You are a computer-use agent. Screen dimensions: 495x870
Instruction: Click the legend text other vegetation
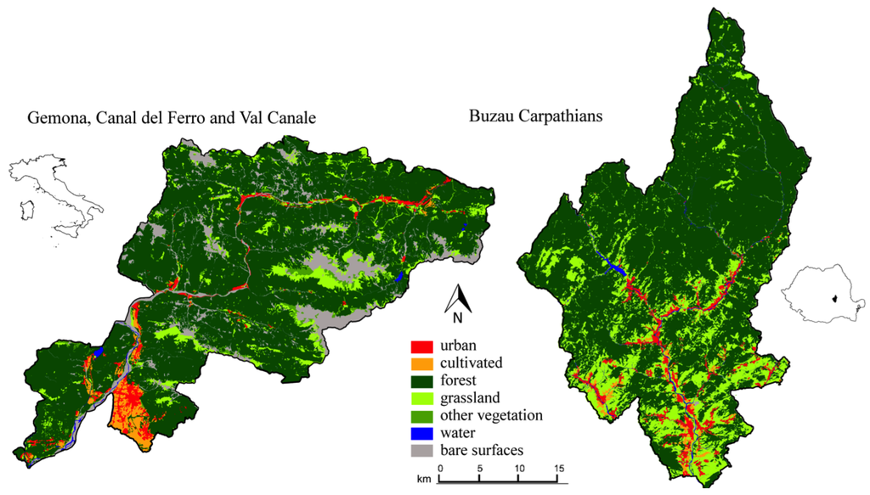pyautogui.click(x=491, y=415)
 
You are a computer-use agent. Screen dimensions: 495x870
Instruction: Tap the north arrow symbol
pyautogui.click(x=459, y=296)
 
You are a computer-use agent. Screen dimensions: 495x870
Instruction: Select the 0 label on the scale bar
pyautogui.click(x=440, y=468)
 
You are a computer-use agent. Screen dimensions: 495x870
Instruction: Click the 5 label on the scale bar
pyautogui.click(x=480, y=468)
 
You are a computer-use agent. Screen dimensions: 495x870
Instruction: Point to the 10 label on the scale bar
pyautogui.click(x=519, y=468)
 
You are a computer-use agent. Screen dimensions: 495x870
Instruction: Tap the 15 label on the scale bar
pyautogui.click(x=559, y=468)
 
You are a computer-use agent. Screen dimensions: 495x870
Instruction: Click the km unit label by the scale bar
pyautogui.click(x=423, y=481)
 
